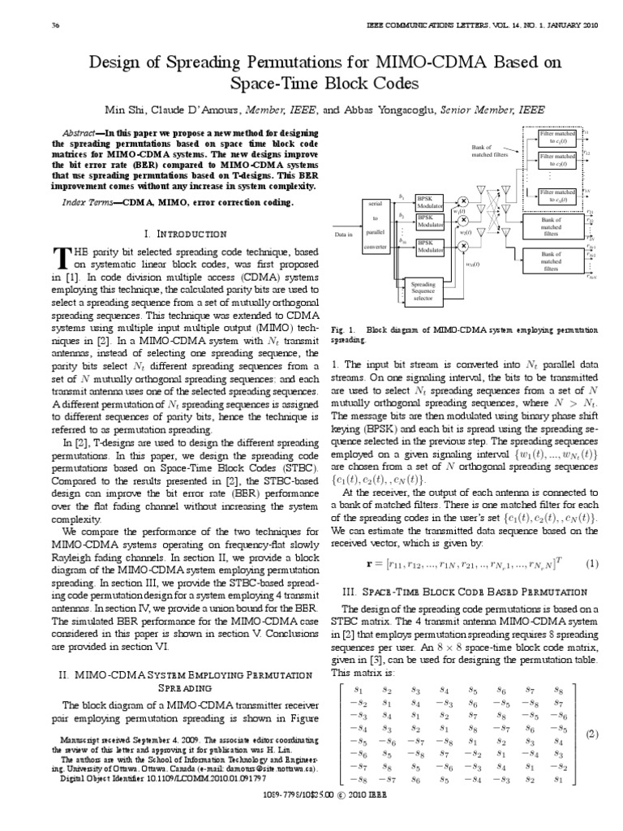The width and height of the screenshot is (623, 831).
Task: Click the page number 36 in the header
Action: [33, 26]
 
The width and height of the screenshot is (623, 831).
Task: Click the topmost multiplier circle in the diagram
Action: [463, 200]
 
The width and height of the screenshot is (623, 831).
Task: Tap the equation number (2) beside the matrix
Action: [592, 734]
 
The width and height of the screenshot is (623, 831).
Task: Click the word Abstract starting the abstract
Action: [84, 132]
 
